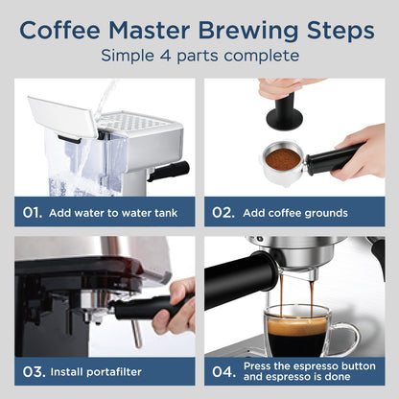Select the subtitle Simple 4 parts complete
(x=199, y=56)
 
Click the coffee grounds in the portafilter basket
(x=284, y=155)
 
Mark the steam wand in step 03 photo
(x=136, y=332)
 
